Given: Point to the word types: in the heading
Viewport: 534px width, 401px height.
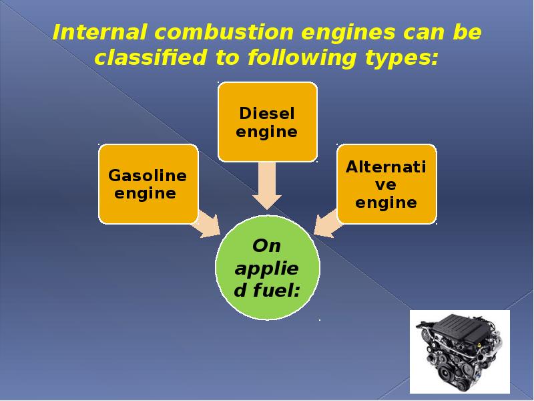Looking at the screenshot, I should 402,58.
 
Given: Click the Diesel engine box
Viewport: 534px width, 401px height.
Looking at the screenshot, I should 267,122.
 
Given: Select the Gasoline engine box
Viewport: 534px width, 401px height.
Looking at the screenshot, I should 148,184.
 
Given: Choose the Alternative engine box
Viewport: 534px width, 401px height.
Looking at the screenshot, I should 386,184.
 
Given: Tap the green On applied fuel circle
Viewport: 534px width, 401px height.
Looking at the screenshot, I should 267,267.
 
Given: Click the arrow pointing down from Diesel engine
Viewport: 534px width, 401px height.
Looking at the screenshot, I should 267,187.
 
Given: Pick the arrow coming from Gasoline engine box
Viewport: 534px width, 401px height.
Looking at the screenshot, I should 207,225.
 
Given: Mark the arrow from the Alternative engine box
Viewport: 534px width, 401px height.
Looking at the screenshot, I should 327,225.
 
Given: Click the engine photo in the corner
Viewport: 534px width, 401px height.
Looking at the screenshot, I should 459,350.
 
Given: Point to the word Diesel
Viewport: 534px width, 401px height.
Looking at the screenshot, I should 267,113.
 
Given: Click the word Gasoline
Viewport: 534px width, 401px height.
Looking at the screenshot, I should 148,176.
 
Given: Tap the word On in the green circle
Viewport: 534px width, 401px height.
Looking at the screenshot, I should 267,246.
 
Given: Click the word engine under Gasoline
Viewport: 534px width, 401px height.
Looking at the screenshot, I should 146,194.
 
